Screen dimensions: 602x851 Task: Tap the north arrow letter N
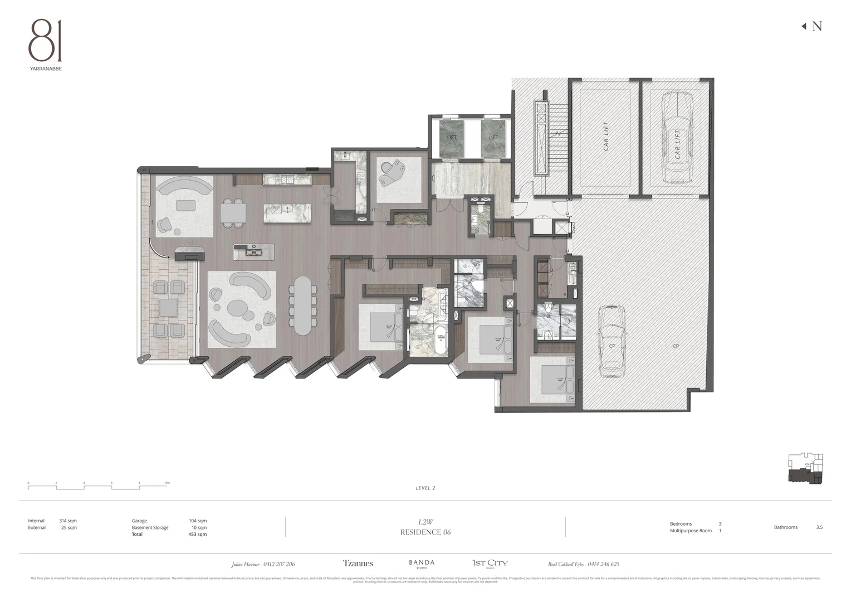tap(816, 26)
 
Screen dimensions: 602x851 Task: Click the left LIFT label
tap(452, 137)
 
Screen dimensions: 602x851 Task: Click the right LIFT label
tap(493, 137)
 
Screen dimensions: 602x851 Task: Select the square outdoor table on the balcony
tap(169, 308)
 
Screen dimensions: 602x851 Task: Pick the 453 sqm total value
tap(197, 534)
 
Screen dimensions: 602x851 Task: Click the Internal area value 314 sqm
tap(69, 521)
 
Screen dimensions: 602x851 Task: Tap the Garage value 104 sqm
tap(197, 521)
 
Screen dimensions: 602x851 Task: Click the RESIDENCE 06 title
tap(425, 532)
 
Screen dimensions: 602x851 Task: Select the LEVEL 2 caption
tap(425, 488)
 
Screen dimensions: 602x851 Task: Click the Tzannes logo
tap(358, 564)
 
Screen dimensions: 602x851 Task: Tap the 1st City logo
tap(490, 564)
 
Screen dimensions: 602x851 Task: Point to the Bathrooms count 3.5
tap(819, 527)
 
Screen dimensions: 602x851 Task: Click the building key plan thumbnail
tap(805, 469)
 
